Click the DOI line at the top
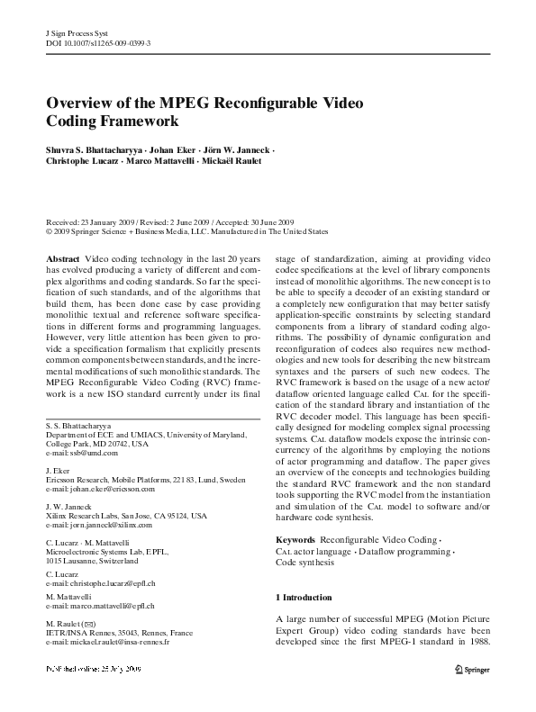pyautogui.click(x=97, y=42)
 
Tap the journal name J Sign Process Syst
pyautogui.click(x=76, y=32)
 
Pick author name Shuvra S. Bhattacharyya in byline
pyautogui.click(x=95, y=150)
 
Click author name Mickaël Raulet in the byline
pyautogui.click(x=237, y=163)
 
